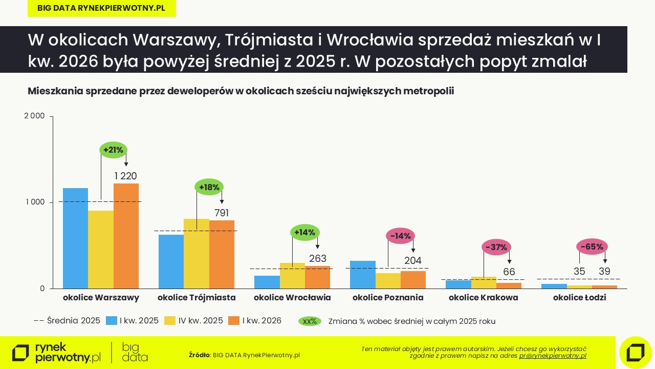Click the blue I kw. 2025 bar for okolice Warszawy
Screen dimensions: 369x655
(75, 238)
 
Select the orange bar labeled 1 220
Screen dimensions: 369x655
(126, 236)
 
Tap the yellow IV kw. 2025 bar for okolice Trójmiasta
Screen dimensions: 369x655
(196, 254)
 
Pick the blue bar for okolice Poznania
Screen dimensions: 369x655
(363, 275)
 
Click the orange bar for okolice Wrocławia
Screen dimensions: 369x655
(318, 277)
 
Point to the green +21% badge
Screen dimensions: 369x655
(113, 150)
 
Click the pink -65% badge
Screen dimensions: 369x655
(593, 247)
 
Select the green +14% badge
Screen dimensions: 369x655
(304, 232)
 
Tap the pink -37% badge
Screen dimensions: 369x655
(496, 247)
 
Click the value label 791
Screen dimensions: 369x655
(222, 213)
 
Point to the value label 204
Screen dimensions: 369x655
(413, 261)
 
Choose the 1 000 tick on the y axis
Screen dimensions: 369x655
(35, 202)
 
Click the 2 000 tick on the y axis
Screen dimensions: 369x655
(35, 116)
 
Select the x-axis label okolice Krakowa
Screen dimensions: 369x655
(484, 297)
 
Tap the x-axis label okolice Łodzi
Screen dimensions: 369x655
(579, 297)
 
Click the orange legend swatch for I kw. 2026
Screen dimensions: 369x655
(234, 321)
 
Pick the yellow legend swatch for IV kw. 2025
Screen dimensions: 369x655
(170, 321)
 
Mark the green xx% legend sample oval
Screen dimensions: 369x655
(310, 321)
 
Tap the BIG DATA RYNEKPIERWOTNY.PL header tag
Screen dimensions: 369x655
(101, 8)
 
